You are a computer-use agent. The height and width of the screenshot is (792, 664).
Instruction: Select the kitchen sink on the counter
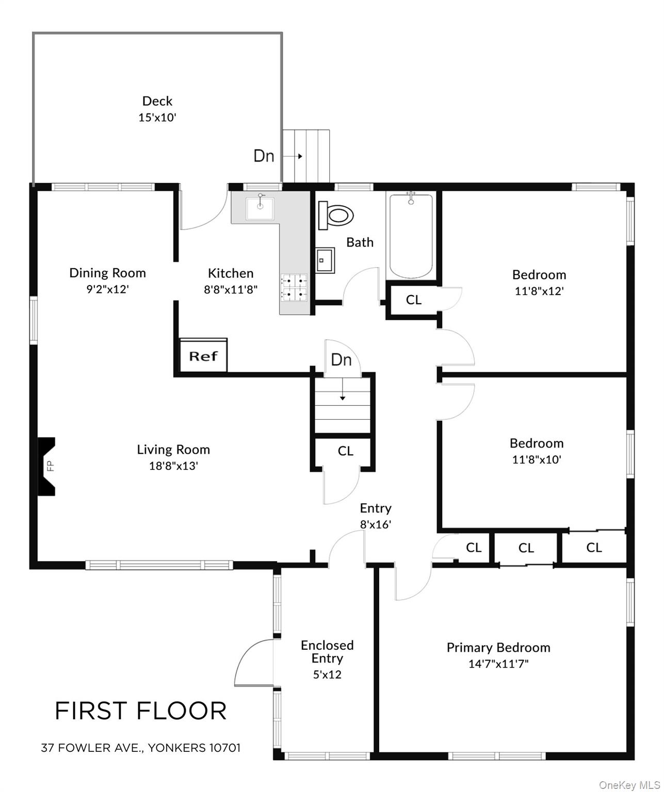[260, 206]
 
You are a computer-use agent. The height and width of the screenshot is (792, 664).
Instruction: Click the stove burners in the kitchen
[294, 287]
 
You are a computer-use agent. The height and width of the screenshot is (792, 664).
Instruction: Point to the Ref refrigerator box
[203, 355]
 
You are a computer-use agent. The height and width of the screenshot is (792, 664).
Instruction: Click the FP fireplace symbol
[47, 467]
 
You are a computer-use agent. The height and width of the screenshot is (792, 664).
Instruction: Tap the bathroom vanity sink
[325, 259]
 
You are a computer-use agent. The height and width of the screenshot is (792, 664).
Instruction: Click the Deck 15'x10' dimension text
[157, 117]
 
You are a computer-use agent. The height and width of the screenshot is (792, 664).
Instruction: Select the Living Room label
[173, 449]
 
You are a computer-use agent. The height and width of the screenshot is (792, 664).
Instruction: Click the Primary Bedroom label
[498, 647]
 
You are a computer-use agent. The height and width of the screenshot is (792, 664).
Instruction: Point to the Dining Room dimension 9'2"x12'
[107, 289]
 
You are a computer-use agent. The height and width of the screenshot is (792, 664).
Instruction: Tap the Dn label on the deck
[264, 156]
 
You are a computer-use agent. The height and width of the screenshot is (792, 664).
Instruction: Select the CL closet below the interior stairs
[345, 451]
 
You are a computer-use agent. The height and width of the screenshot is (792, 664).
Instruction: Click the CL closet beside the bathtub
[413, 300]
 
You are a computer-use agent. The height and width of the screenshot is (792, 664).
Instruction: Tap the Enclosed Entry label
[327, 652]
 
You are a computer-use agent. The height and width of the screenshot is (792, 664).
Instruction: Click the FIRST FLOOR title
[140, 711]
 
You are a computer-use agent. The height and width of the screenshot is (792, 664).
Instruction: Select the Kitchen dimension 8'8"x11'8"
[231, 289]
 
